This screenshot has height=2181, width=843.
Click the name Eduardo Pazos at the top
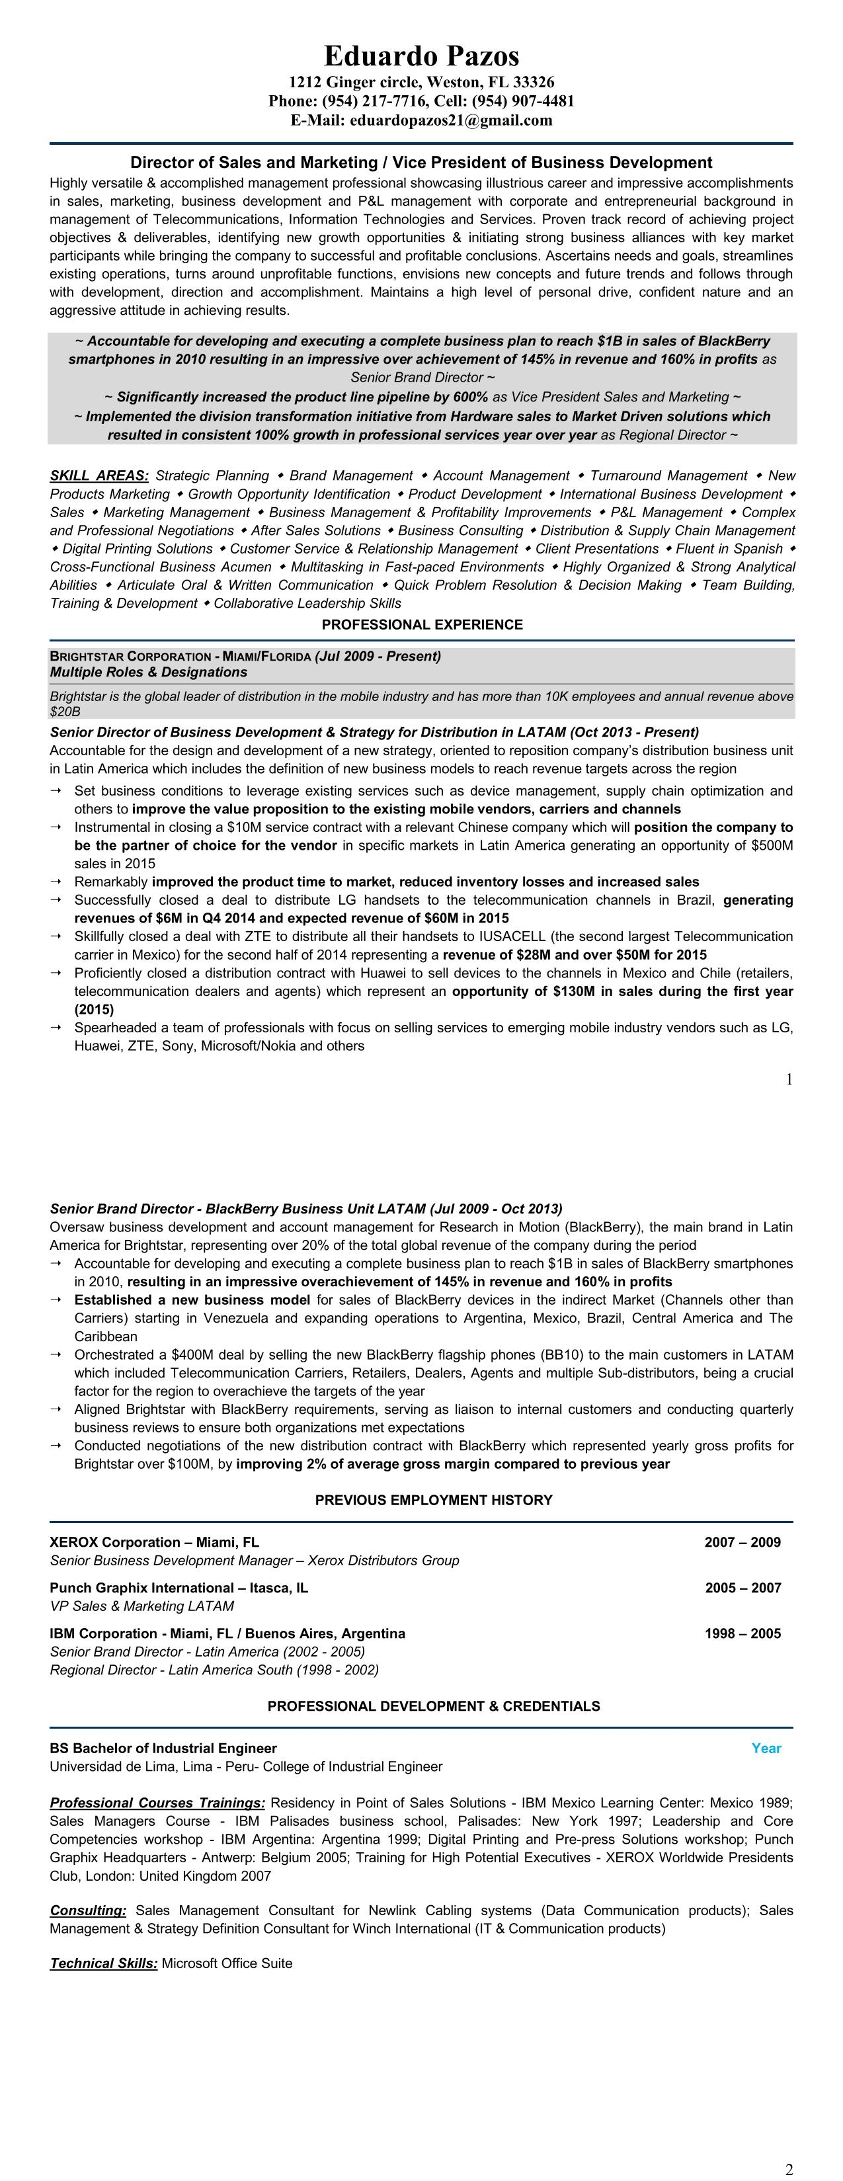422,56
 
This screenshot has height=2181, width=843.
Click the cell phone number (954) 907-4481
523,101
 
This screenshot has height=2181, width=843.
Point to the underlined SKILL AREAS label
99,476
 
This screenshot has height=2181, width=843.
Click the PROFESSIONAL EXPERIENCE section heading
422,625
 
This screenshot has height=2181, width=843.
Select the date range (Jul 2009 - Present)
378,656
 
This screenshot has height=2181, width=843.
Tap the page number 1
789,1079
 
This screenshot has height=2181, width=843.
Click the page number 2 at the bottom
789,2169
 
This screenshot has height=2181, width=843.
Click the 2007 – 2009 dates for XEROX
743,1543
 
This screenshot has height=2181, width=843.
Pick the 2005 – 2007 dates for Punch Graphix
743,1588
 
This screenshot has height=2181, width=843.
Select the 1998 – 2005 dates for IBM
743,1634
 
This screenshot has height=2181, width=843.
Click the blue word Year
766,1749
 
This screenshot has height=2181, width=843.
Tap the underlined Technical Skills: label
103,1963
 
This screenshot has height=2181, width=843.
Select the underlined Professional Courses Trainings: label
157,1803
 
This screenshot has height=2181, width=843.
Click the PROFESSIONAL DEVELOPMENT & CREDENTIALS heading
433,1706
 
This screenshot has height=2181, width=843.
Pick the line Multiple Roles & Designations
148,673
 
